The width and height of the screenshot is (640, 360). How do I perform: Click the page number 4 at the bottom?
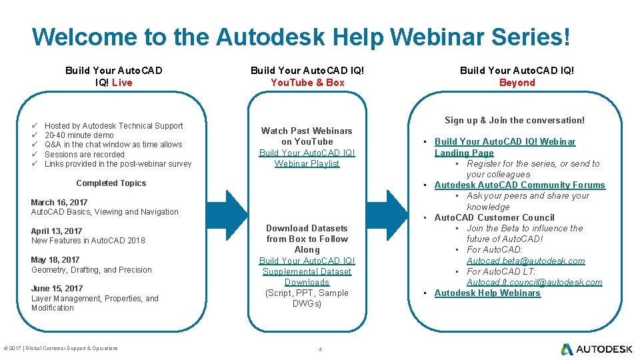click(x=321, y=349)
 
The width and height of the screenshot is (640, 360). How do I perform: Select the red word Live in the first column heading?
click(x=122, y=83)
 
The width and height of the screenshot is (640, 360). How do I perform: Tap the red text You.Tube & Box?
click(x=307, y=83)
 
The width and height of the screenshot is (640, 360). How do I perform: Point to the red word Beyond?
click(x=517, y=83)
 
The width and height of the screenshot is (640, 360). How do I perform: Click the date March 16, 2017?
click(x=59, y=202)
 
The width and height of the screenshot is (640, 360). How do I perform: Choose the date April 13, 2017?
click(x=57, y=231)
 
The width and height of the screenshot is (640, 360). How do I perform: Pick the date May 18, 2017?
click(x=55, y=260)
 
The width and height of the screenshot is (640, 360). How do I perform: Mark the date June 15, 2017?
click(x=57, y=289)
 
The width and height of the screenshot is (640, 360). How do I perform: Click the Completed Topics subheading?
click(x=111, y=183)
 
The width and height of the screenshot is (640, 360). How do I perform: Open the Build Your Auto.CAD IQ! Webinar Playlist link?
click(x=307, y=158)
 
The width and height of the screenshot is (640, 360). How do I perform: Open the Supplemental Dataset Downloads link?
click(x=307, y=271)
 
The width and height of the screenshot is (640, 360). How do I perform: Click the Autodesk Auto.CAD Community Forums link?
click(x=519, y=185)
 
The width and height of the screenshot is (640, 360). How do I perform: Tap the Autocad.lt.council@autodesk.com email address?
click(x=534, y=283)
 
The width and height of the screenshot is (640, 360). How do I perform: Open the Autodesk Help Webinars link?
click(x=487, y=293)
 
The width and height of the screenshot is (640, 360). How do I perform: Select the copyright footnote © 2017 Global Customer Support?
click(x=61, y=348)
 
